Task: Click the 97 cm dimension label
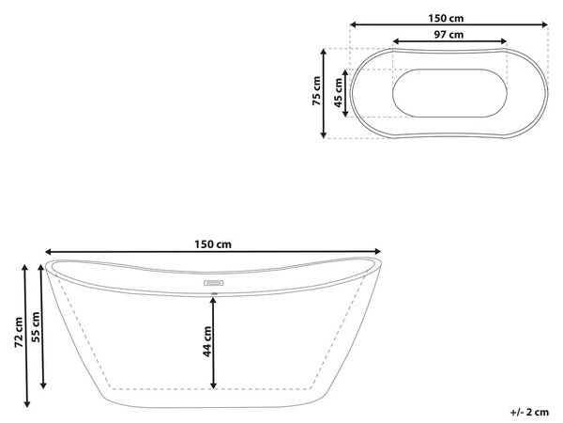[x=449, y=35]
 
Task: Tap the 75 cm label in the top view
[x=316, y=90]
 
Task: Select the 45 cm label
[x=338, y=93]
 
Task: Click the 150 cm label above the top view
[x=446, y=18]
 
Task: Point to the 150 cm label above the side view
[x=213, y=244]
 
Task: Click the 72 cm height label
[x=19, y=333]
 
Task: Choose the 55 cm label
[x=36, y=327]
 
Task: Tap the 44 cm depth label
[x=207, y=341]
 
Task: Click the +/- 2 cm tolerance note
[x=529, y=412]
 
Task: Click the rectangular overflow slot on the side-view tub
[x=214, y=283]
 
